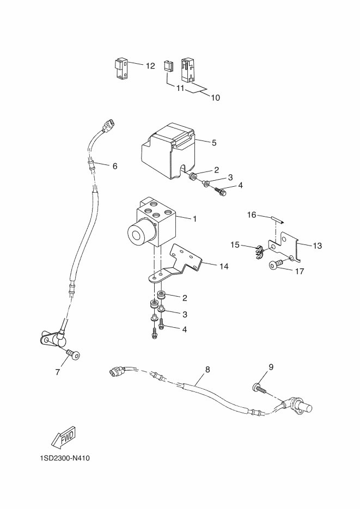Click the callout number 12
coord(150,66)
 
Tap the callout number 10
coord(216,97)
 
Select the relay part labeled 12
coord(121,68)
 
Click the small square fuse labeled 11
coord(168,66)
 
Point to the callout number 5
coord(214,143)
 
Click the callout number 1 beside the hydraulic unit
coord(195,219)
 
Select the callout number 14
coord(224,267)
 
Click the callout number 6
coord(115,166)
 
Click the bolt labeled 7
coord(73,355)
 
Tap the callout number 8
coord(208,370)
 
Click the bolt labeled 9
coord(259,388)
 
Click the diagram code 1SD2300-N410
coord(65,458)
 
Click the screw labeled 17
coord(274,265)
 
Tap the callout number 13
coord(317,246)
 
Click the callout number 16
coord(252,215)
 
